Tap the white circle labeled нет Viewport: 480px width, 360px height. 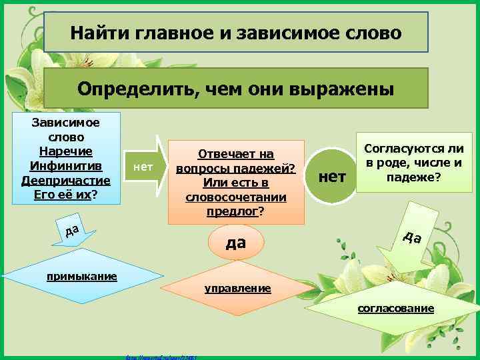[x=333, y=176]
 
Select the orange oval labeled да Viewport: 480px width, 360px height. [x=236, y=243]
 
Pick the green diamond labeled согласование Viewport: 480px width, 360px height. [x=395, y=308]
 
